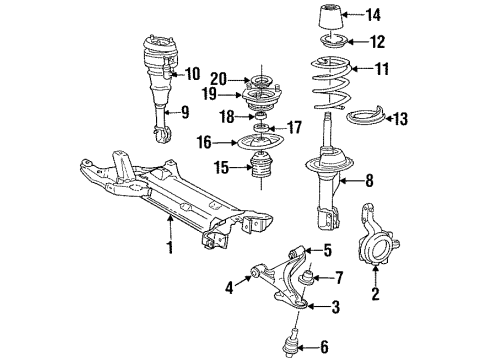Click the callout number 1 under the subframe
(171, 246)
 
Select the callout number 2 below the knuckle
(375, 295)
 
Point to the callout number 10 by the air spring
(192, 73)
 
